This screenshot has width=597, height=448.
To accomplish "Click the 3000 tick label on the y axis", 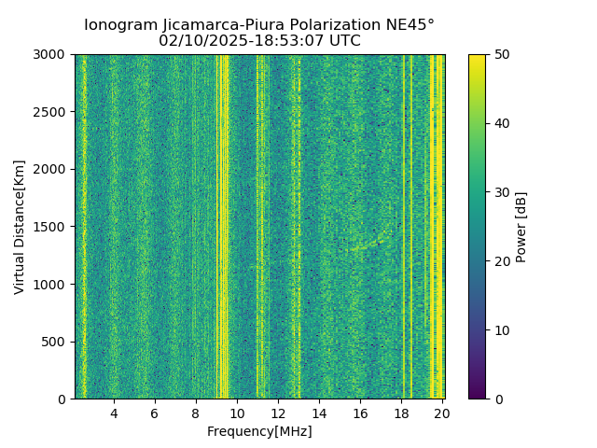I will click(52, 54).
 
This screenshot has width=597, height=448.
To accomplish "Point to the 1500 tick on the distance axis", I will click(52, 227).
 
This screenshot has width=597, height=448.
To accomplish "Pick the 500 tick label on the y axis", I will click(56, 342).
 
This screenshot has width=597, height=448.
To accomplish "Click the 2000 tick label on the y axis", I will click(52, 169).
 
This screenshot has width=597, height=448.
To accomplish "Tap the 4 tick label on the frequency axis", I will click(114, 413).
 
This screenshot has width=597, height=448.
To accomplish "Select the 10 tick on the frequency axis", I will click(237, 413).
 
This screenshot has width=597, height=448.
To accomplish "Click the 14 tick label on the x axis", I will click(319, 413).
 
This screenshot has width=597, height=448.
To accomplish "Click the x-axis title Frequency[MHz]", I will click(259, 431).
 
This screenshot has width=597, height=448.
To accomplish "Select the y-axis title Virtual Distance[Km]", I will click(20, 227).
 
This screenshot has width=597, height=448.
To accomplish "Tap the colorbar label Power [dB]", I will click(521, 227).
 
